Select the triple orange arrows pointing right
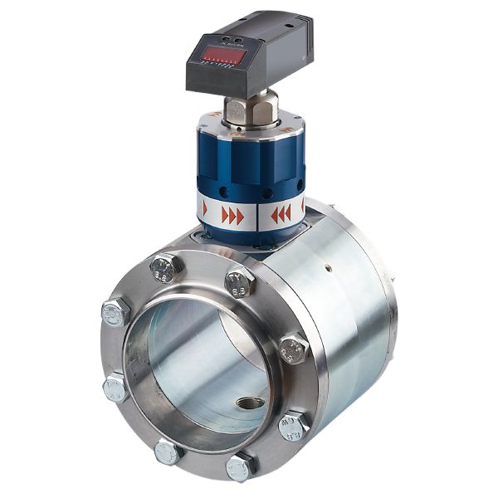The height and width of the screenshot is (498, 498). [x=232, y=216]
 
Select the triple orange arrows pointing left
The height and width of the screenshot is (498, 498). [x=281, y=215]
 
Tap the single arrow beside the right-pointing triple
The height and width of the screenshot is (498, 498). [x=205, y=212]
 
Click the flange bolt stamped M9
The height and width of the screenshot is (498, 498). [x=293, y=426]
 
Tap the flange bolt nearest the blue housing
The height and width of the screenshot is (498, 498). [x=239, y=282]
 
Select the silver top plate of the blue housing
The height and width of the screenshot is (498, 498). [x=249, y=124]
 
